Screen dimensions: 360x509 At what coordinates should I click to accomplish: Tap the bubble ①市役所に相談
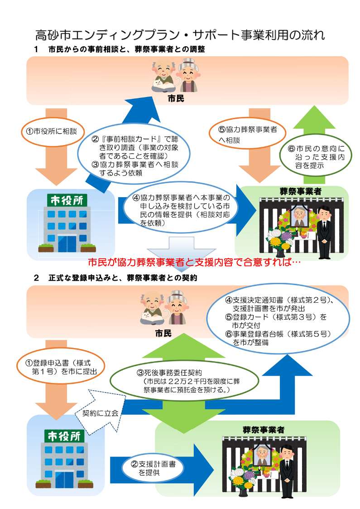click(53, 131)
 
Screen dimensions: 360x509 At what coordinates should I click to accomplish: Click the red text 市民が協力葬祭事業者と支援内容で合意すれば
click(194, 262)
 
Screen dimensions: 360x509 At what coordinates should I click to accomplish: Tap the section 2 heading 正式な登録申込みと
click(123, 278)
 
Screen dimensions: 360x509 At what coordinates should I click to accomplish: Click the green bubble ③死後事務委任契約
click(185, 380)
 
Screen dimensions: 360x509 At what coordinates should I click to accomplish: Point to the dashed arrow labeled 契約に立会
click(101, 412)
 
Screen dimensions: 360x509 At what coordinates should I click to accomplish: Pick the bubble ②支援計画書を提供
click(153, 468)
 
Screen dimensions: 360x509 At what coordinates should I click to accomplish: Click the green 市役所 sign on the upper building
click(67, 200)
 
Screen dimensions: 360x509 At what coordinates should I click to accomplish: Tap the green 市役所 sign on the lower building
click(64, 436)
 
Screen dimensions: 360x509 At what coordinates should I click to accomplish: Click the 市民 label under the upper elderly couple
click(176, 98)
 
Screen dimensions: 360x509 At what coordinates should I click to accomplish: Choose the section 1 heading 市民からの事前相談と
click(126, 49)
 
